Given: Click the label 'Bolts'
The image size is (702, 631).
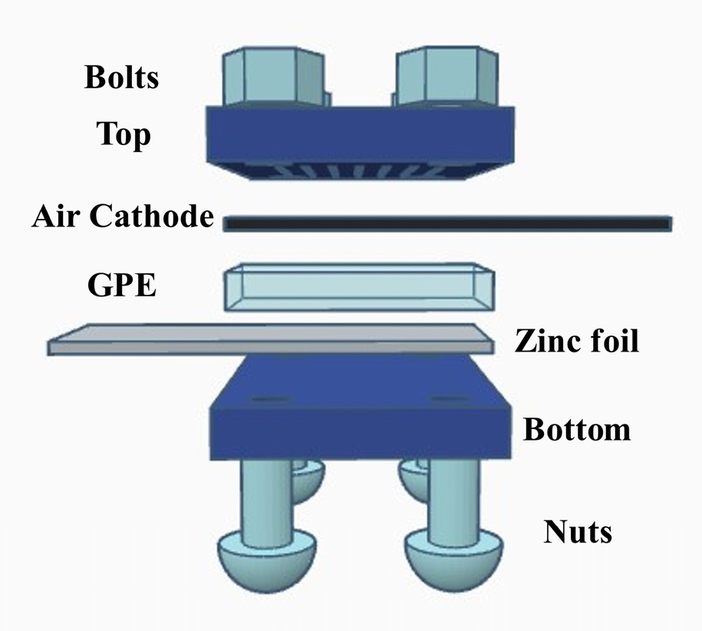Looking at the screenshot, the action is [x=121, y=77].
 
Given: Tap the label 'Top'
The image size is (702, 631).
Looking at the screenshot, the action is [x=124, y=134].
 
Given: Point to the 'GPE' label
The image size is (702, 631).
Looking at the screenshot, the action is [x=122, y=285].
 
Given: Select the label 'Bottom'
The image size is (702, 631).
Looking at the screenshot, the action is [x=577, y=429].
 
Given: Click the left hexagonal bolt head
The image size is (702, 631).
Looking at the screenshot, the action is [x=272, y=76].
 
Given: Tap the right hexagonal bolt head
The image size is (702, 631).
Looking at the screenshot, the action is [x=447, y=76].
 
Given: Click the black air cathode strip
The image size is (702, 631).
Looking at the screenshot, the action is [x=448, y=223].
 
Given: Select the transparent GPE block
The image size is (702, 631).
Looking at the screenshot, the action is [x=358, y=287].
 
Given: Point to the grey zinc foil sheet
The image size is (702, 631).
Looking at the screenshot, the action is [x=271, y=339].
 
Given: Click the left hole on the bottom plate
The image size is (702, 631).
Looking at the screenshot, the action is [x=266, y=398].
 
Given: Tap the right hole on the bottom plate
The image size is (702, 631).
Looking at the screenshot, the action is [x=446, y=398].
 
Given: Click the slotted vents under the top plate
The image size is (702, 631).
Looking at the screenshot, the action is [x=360, y=171].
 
